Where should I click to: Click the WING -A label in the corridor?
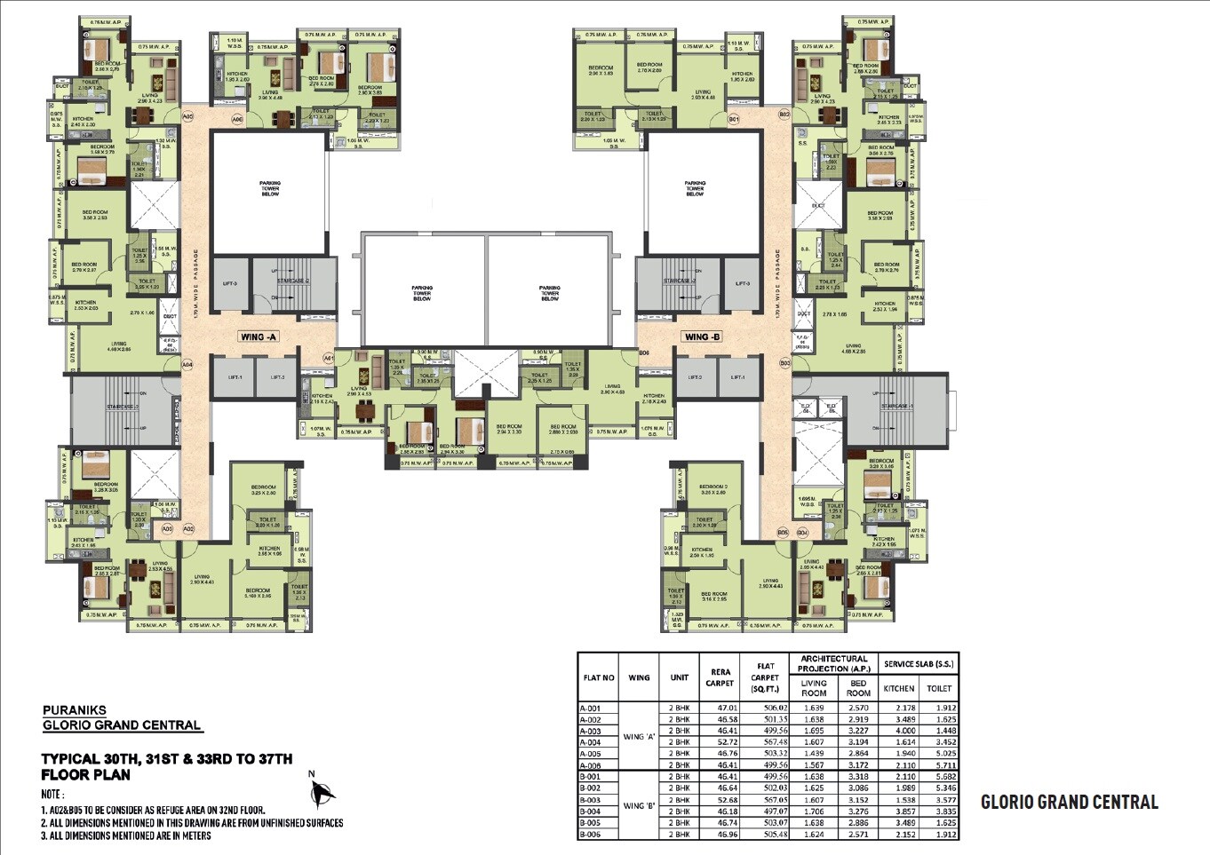(259, 337)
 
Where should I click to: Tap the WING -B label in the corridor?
(702, 336)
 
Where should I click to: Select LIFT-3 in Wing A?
(229, 283)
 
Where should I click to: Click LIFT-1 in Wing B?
(737, 377)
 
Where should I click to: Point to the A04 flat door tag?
(187, 364)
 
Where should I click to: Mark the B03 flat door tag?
(784, 363)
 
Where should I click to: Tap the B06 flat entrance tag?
(644, 353)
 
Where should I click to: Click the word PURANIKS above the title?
(75, 710)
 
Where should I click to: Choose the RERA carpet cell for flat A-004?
(719, 742)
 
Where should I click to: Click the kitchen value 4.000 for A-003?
(898, 731)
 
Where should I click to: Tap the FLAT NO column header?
(598, 677)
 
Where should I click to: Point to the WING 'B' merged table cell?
(639, 806)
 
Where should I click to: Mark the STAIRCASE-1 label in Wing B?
(895, 407)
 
